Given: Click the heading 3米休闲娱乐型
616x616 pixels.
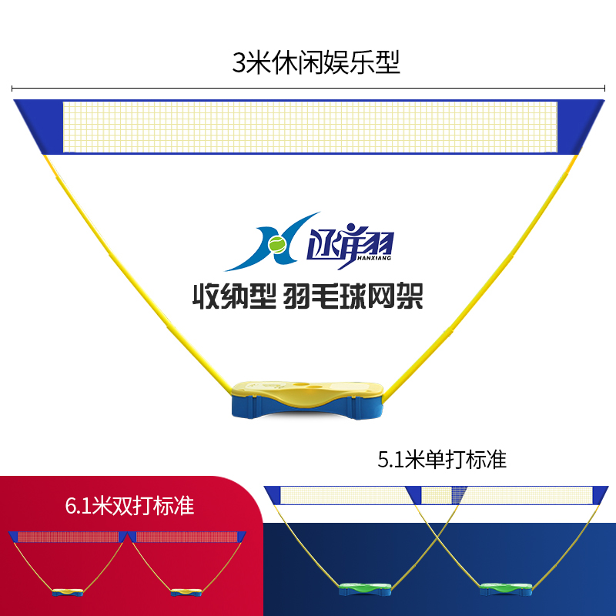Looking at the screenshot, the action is tap(316, 62).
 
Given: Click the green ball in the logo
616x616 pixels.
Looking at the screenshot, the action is tap(276, 244).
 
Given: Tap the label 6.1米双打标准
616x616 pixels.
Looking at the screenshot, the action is tap(129, 506).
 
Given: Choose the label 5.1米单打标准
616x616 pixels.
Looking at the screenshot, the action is tap(442, 460).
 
